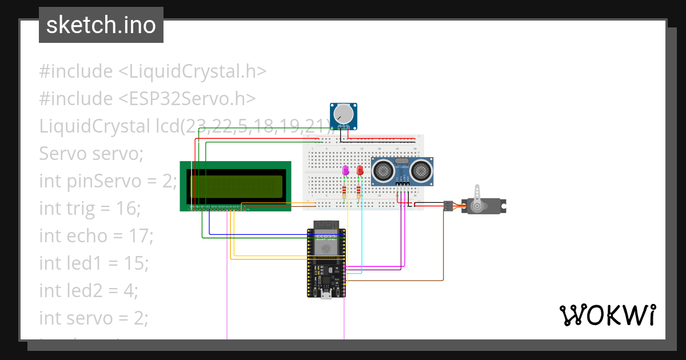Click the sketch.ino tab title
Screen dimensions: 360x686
pos(101,25)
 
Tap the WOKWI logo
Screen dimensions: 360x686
pos(607,315)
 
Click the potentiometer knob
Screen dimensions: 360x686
pos(343,113)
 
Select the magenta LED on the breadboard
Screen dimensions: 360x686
pos(345,170)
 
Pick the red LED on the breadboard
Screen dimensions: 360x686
pos(360,170)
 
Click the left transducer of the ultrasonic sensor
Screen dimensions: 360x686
pos(382,169)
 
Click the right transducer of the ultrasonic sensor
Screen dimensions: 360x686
pos(421,169)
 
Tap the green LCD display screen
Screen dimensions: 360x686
pos(235,185)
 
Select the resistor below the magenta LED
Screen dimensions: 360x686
pos(344,191)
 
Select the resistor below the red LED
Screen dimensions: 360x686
pos(358,191)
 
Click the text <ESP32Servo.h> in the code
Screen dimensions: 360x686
pos(187,99)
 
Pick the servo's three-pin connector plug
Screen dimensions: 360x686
pos(448,205)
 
